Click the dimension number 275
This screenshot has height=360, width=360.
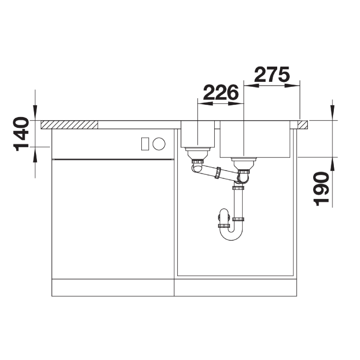click(272, 74)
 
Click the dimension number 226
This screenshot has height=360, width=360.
click(221, 93)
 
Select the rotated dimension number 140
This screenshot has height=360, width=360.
click(21, 134)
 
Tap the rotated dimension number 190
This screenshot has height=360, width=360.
click(321, 189)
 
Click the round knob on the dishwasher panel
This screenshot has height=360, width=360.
click(159, 144)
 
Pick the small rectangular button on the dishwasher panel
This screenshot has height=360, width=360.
click(145, 144)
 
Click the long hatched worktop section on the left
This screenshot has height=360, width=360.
click(69, 125)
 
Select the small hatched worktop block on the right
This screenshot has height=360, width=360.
click(303, 125)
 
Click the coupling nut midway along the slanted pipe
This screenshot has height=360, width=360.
click(217, 173)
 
